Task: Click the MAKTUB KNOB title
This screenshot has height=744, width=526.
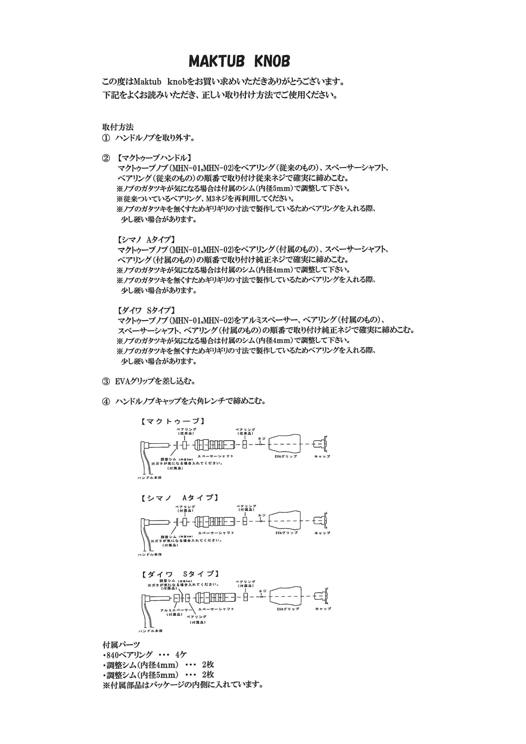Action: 239,62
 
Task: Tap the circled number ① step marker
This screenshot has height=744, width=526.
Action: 106,138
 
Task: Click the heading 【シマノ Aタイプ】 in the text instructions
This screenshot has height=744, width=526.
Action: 146,239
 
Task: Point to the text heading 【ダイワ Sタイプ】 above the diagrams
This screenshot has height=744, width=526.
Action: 146,310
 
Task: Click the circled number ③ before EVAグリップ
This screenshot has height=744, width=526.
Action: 106,381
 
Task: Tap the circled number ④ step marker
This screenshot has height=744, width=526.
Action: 106,401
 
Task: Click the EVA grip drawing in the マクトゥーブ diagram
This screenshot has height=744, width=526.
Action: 285,444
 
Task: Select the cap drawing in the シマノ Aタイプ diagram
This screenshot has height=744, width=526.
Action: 321,520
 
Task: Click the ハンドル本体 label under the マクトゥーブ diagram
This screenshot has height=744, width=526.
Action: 150,478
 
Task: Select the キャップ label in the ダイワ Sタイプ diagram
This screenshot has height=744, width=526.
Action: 323,609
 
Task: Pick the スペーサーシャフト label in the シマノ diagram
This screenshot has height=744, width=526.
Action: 216,532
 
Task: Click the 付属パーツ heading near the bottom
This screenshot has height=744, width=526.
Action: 121,645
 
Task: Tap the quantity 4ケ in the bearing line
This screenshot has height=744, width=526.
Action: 181,654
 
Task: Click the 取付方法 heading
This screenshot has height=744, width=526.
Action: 118,127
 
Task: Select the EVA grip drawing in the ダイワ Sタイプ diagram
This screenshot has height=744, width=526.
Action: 285,597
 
